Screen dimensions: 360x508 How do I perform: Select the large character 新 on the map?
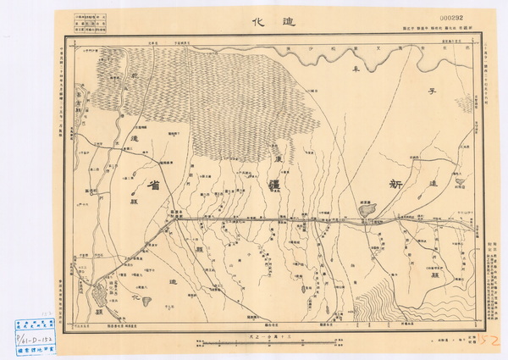[397, 183]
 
